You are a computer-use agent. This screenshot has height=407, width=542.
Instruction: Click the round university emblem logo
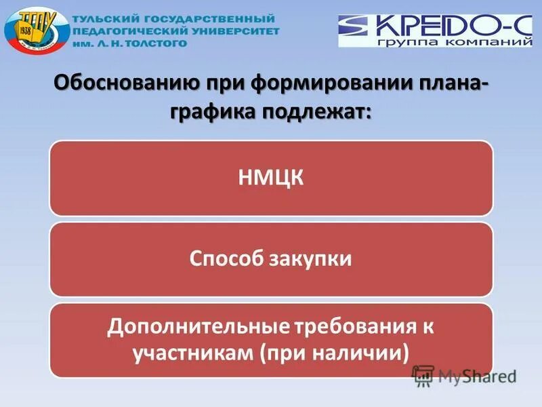[36, 31]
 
